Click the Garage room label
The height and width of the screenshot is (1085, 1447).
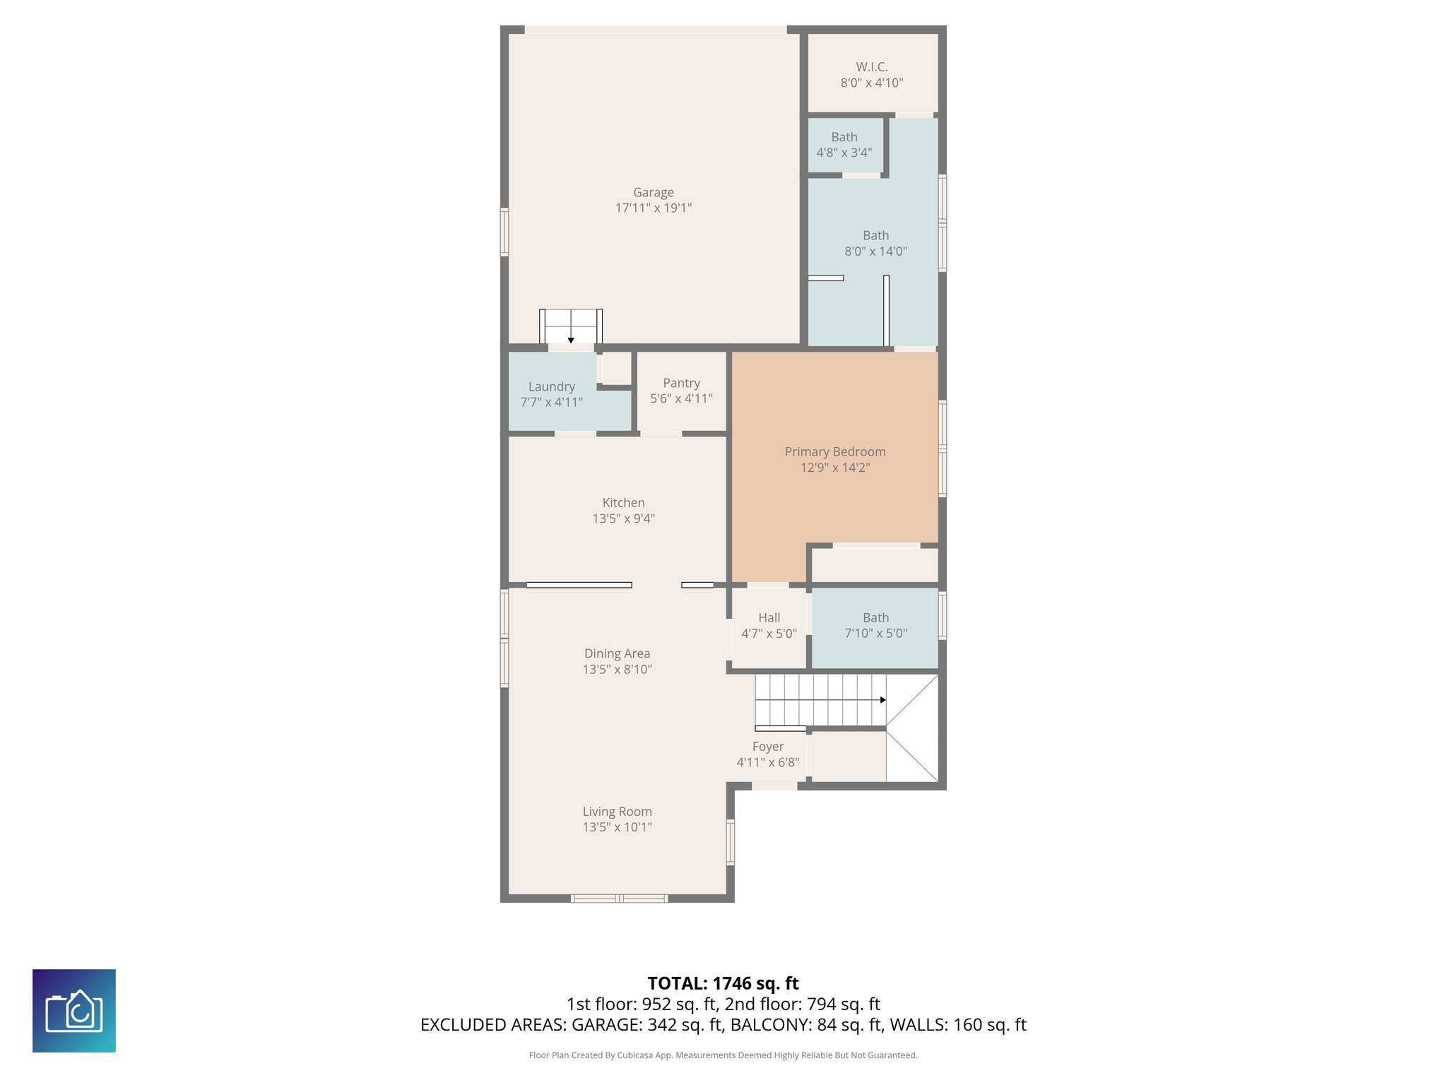[653, 192]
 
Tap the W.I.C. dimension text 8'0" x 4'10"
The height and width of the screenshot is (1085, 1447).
[871, 83]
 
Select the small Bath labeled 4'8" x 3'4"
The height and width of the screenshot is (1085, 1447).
[844, 145]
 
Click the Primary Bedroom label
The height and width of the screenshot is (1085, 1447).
[834, 451]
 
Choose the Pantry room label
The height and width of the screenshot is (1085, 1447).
[681, 383]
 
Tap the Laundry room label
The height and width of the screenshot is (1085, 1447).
[551, 386]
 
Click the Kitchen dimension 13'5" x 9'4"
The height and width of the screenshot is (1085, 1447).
[623, 518]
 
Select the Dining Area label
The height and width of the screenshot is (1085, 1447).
[617, 653]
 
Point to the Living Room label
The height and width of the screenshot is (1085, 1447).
[617, 812]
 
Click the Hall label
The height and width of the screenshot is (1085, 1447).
[769, 617]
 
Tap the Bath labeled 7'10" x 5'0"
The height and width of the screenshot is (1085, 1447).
[875, 625]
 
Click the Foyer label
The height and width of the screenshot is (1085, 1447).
[767, 747]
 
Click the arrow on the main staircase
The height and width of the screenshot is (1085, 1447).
[882, 700]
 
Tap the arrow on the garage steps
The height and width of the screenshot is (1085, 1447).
[571, 340]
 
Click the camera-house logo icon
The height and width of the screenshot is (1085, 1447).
[74, 1010]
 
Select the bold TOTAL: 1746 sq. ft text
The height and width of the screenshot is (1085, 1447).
[723, 983]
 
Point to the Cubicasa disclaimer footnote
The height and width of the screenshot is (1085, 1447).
[723, 1055]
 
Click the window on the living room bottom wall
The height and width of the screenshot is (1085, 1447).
[619, 899]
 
